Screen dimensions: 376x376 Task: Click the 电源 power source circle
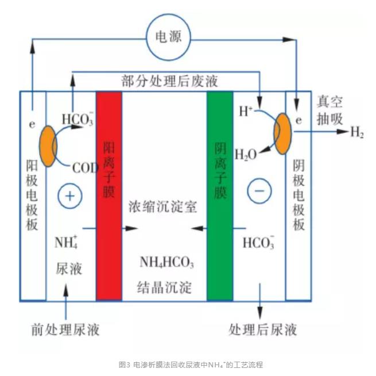[168, 37]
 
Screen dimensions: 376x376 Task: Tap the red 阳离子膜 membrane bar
[109, 195]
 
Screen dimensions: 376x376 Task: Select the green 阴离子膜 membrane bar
[220, 195]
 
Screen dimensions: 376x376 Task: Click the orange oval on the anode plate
[48, 146]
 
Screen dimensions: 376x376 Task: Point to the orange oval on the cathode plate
[283, 134]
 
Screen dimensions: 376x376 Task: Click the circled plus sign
[70, 196]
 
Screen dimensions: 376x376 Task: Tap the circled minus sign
[259, 191]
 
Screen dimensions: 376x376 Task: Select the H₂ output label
[357, 132]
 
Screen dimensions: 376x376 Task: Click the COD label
[86, 168]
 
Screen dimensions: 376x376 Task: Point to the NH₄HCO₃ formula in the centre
[166, 262]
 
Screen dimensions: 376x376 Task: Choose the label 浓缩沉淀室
[163, 206]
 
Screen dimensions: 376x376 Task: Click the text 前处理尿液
[65, 329]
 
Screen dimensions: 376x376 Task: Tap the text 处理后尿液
[263, 329]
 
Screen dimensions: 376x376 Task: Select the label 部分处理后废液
[170, 81]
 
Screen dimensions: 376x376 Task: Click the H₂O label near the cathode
[246, 155]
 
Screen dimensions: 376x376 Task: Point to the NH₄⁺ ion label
[66, 242]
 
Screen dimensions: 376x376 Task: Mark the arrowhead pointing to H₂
[343, 131]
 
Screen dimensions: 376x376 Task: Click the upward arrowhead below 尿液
[65, 290]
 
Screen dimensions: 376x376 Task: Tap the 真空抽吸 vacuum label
[330, 110]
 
